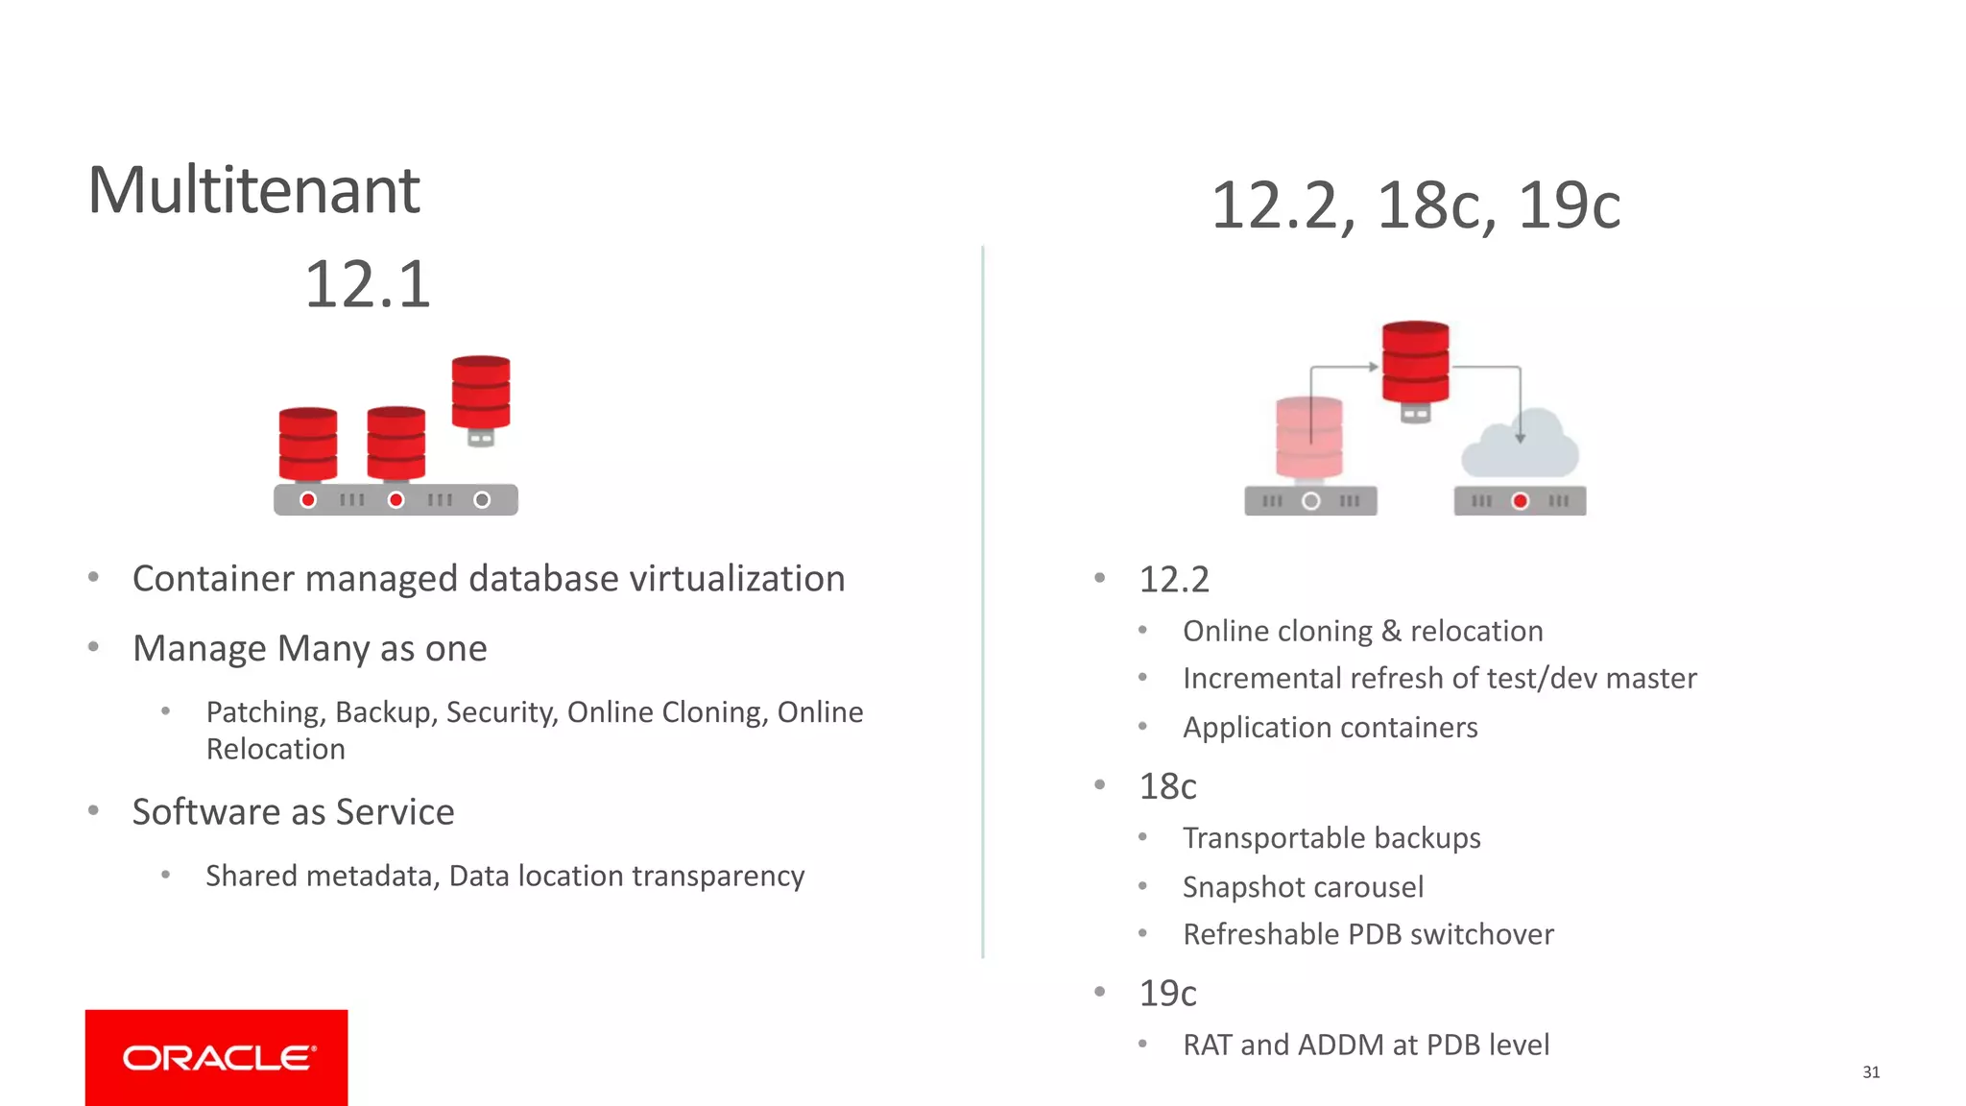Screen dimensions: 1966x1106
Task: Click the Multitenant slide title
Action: coord(253,190)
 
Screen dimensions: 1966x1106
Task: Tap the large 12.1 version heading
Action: coord(368,284)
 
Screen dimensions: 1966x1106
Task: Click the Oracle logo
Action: coord(217,1058)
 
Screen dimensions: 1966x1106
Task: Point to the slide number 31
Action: coord(1871,1071)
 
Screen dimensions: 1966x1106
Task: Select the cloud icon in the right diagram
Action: coord(1520,445)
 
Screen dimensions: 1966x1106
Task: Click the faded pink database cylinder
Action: coord(1309,438)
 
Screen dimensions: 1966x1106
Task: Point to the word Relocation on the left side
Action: coord(276,750)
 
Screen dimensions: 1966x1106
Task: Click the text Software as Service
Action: coord(293,812)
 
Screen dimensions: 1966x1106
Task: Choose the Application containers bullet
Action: coord(1330,728)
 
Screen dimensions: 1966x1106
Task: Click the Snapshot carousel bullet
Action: coord(1303,887)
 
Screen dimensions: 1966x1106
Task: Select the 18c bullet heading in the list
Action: coord(1167,786)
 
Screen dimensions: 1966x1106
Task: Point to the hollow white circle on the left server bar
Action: coord(482,500)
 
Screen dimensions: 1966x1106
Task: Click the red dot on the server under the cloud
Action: coord(1520,501)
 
